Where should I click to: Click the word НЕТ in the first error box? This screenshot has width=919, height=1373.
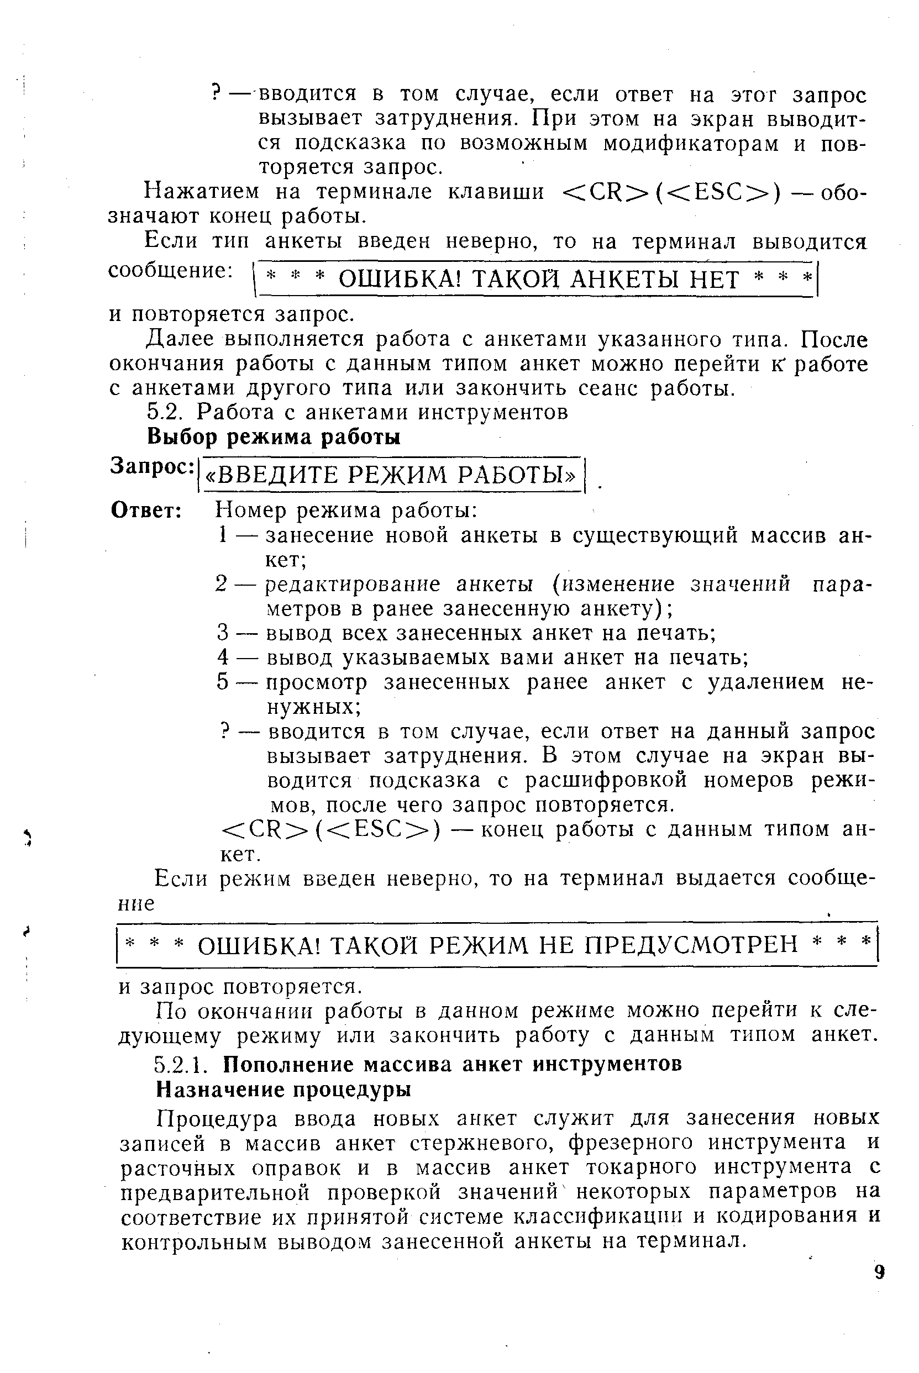tap(715, 280)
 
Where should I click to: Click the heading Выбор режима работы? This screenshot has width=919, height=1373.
tap(273, 437)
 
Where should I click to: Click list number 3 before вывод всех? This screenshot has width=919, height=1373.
tap(222, 633)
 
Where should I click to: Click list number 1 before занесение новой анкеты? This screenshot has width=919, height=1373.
tap(222, 535)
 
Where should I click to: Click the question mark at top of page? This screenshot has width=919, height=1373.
tap(215, 93)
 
